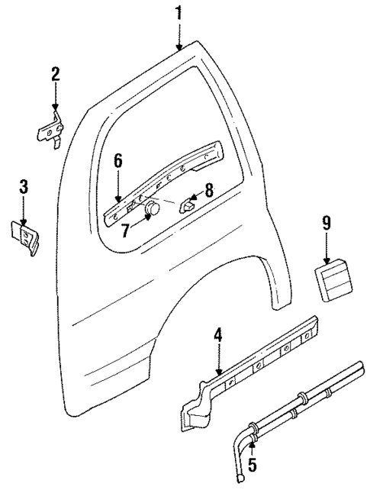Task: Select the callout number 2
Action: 55,75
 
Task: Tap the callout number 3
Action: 24,185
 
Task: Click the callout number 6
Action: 119,161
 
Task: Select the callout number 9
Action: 326,223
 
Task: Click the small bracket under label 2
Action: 51,131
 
